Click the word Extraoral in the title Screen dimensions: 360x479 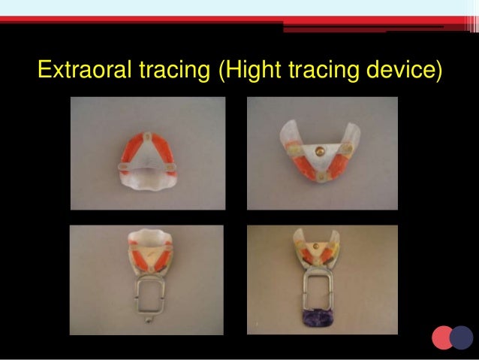pos(84,73)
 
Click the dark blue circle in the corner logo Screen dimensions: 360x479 pos(461,337)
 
